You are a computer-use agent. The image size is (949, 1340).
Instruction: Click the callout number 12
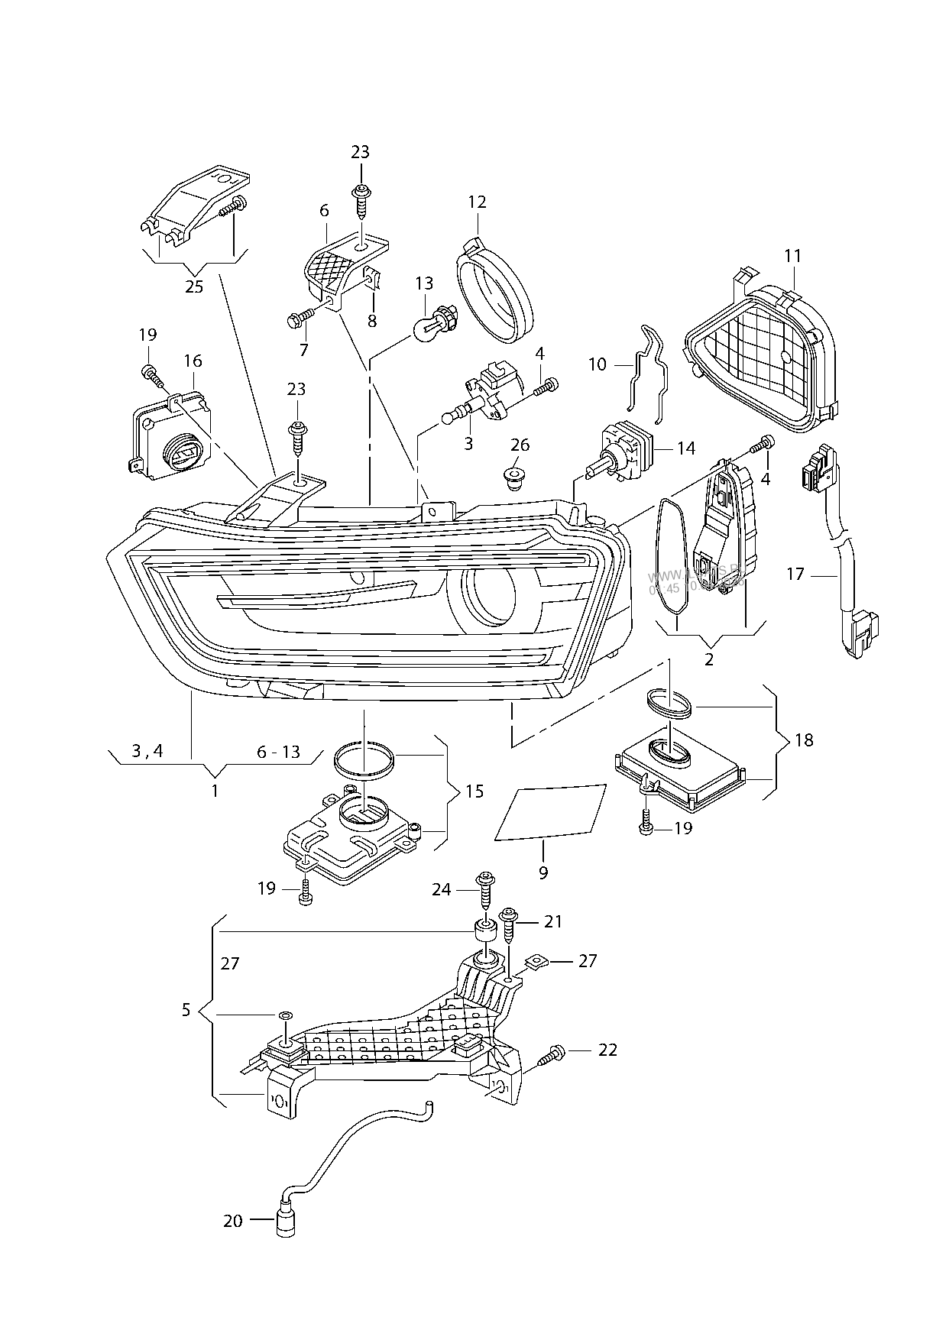coord(477,202)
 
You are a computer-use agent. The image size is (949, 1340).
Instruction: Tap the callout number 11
coord(792,255)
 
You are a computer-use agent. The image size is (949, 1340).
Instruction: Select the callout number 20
coord(232,1221)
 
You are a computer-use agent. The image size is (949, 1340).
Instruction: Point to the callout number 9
coord(543,872)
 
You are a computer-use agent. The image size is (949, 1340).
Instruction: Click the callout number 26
coord(520,445)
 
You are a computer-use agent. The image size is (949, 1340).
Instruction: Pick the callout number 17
coord(795,573)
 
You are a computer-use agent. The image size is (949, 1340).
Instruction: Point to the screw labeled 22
coord(550,1054)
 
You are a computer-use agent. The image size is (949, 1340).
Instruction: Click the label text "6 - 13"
coord(278,752)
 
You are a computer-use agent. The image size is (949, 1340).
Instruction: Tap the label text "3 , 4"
coord(147,751)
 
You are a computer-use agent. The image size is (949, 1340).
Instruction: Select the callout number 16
coord(193,360)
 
